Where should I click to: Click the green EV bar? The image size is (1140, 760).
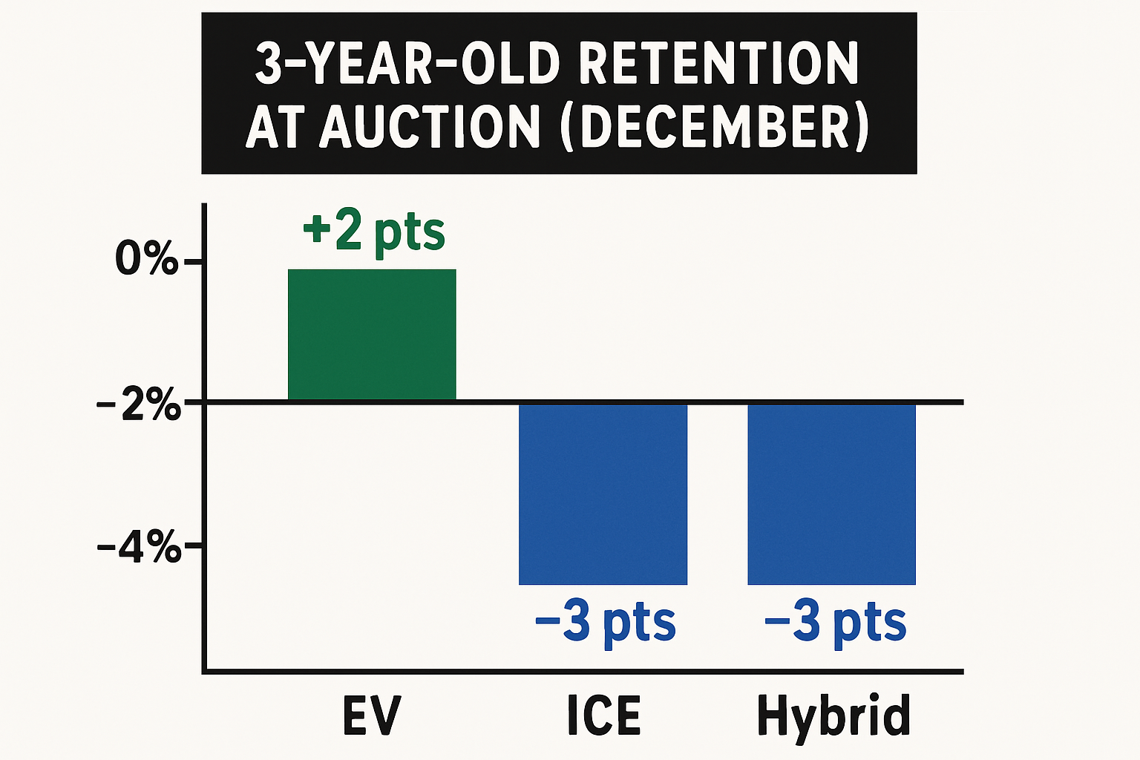point(372,334)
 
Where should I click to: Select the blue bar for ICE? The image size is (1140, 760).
point(603,494)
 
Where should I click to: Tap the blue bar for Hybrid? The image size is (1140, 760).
point(831,494)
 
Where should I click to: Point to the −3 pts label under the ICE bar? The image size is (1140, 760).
point(605,623)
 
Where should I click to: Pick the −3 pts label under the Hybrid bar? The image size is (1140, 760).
point(835,623)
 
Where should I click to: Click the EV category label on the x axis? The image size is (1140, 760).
point(372,715)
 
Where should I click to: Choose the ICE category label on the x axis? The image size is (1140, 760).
point(603,715)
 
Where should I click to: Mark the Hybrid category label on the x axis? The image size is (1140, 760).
point(833,715)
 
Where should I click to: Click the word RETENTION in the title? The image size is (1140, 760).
point(718,64)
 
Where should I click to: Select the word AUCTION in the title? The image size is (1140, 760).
point(430,126)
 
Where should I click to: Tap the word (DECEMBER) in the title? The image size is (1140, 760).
point(716,126)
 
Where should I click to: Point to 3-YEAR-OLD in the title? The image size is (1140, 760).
point(407,64)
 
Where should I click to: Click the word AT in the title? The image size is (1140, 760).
point(278,126)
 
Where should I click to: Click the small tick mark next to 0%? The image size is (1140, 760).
point(192,262)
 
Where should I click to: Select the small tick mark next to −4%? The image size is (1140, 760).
point(192,547)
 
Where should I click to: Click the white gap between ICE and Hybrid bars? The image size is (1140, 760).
point(717,494)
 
